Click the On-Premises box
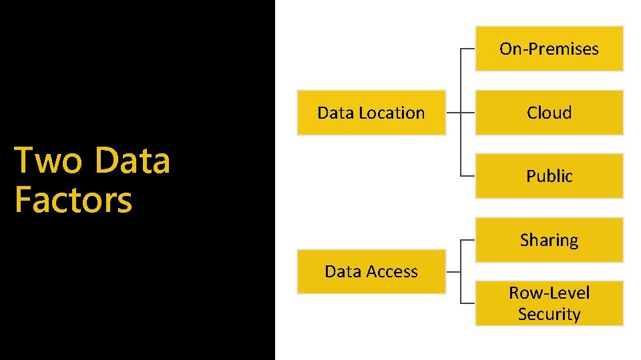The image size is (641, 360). pos(549,49)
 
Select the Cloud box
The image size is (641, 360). pos(549,113)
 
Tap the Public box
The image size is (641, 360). pos(549,176)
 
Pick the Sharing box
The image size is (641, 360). pos(549,240)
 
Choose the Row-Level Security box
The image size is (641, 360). pos(549,303)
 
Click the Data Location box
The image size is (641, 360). pos(371,113)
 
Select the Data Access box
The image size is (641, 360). pos(371,271)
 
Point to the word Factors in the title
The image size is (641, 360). pos(73,199)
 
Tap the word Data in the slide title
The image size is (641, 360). pos(133,160)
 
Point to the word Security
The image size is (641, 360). pos(549,314)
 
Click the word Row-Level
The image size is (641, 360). pos(549,293)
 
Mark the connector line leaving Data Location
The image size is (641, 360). pos(453,113)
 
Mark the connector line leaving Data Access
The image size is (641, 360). pos(453,271)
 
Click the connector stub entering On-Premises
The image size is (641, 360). pos(468,49)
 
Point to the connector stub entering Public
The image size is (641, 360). pos(468,176)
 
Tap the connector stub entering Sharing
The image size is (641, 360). pos(468,240)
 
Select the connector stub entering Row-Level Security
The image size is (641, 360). pos(468,303)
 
